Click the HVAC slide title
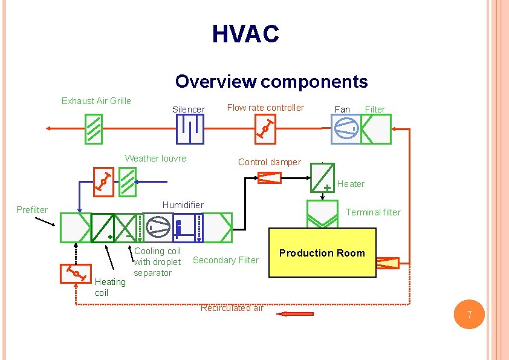(245, 34)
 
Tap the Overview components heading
(271, 81)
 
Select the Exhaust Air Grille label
(96, 100)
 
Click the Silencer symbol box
(189, 129)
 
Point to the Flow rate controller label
(265, 108)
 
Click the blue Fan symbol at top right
(345, 129)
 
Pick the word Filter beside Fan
(375, 110)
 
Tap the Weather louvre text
(155, 159)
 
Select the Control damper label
(269, 162)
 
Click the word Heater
(351, 184)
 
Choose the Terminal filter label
(373, 212)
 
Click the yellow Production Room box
(322, 253)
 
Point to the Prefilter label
(32, 210)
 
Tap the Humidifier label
(183, 205)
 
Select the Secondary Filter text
(225, 260)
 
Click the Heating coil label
(110, 287)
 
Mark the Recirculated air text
(232, 308)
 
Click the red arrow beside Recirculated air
(295, 313)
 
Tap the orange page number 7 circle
(468, 315)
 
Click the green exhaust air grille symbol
(93, 129)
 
